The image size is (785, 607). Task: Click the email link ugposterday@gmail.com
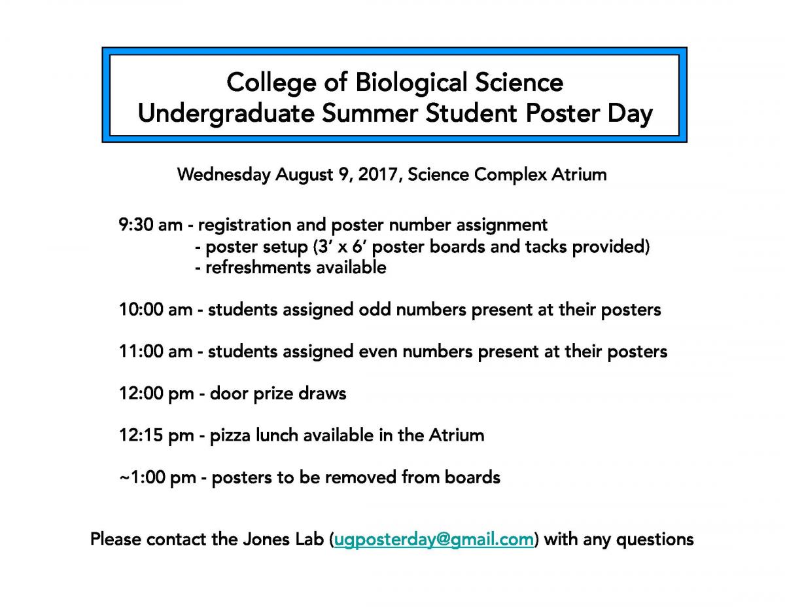434,540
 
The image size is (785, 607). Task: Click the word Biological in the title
411,83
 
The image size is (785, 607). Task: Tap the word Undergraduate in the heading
226,114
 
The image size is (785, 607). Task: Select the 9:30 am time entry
150,225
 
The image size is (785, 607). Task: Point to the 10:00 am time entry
156,310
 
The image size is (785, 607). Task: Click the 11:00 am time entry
156,352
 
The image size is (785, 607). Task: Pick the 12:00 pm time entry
156,394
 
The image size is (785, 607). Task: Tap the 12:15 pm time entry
156,435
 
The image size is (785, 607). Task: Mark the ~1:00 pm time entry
158,478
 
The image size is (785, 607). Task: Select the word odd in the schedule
374,310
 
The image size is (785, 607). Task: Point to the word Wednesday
224,175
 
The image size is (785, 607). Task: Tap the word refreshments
258,268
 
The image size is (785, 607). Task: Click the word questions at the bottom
655,540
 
